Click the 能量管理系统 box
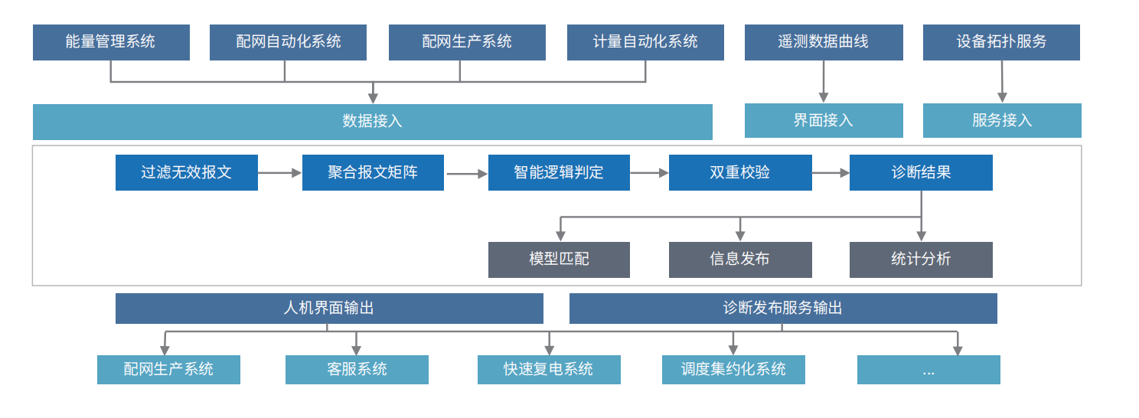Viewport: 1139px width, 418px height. tap(111, 42)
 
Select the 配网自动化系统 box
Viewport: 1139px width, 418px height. tap(288, 42)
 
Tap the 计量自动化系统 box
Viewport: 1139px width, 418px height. tap(645, 42)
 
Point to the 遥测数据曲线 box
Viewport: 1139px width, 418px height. tap(824, 42)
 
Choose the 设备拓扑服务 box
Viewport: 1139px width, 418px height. tap(1001, 42)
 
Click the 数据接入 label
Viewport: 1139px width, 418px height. tap(372, 122)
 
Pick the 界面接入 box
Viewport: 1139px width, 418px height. tap(824, 121)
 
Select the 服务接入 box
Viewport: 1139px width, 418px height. tap(1002, 121)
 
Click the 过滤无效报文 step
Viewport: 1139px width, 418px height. tap(187, 173)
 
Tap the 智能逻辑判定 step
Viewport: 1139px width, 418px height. tap(559, 173)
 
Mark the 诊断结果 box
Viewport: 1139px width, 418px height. tap(921, 173)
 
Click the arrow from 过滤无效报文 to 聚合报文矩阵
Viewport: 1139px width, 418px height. tap(280, 174)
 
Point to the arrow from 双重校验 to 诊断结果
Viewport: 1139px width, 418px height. tap(831, 174)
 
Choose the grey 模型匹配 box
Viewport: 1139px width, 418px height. tap(559, 260)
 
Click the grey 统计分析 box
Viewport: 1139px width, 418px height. tap(921, 260)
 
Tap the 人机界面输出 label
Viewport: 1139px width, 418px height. tap(329, 309)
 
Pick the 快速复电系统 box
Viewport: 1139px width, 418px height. tap(549, 370)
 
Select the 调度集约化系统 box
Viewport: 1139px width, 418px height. tap(733, 370)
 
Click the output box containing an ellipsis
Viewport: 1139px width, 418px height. tap(928, 370)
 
